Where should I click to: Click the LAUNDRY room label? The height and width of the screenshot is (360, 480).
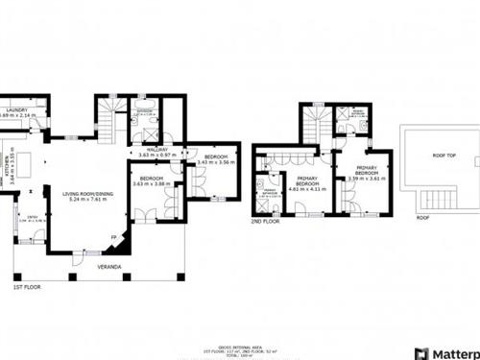[x=17, y=111]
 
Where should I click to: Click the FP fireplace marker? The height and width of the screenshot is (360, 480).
[x=113, y=237]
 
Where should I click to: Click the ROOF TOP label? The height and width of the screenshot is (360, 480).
[x=443, y=155]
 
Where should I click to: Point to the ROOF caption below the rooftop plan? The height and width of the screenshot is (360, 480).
[x=422, y=217]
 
